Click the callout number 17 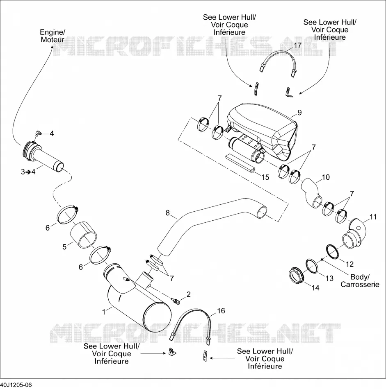tap(297, 45)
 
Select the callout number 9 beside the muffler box tap(299, 113)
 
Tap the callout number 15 tap(265, 177)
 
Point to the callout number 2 tap(188, 294)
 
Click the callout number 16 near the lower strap tap(221, 311)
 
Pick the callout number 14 tap(315, 288)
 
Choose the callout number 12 tap(349, 264)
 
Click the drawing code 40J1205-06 tap(16, 385)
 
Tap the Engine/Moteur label tap(53, 36)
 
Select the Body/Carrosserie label tap(360, 280)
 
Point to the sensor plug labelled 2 tap(176, 301)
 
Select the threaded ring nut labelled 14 tap(296, 275)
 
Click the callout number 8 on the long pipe tap(168, 213)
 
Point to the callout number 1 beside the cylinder tap(104, 312)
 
